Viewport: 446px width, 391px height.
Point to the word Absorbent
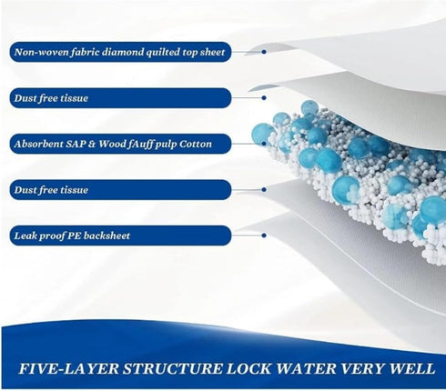click(38, 144)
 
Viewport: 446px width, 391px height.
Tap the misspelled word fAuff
click(141, 144)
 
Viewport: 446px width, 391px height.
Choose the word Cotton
click(195, 144)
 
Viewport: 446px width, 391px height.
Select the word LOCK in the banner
click(249, 368)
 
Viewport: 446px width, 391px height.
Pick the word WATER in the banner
click(307, 368)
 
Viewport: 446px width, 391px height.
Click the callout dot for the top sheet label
click(264, 52)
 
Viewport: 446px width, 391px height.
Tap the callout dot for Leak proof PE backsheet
click(264, 236)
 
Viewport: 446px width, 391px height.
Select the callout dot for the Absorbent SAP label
click(264, 144)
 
